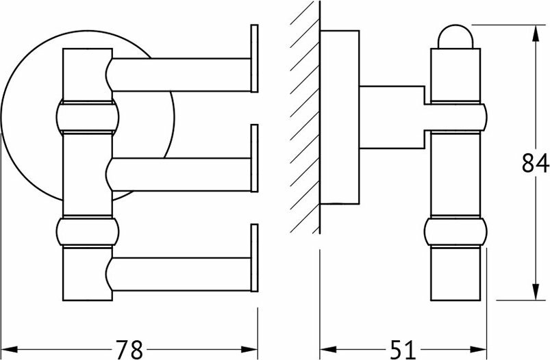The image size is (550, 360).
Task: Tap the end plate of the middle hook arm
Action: point(255,159)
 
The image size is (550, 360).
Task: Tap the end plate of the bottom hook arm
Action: point(255,258)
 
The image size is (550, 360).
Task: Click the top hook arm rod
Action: point(182,73)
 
